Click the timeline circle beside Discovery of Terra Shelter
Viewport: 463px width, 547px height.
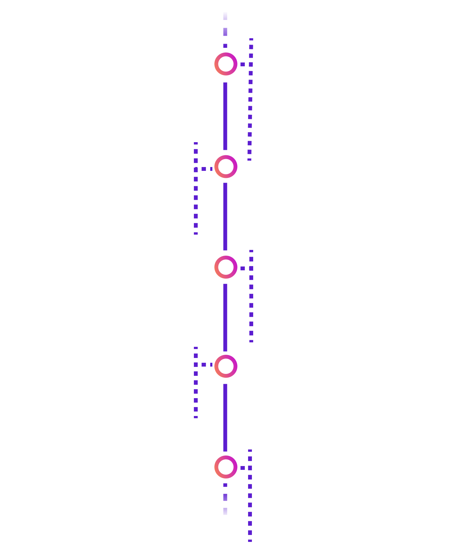click(226, 64)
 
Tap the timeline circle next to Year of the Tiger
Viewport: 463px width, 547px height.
click(226, 167)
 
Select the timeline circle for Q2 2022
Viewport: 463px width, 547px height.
click(226, 267)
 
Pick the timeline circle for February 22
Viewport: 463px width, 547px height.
click(226, 366)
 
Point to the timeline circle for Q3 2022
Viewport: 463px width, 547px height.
click(226, 467)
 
